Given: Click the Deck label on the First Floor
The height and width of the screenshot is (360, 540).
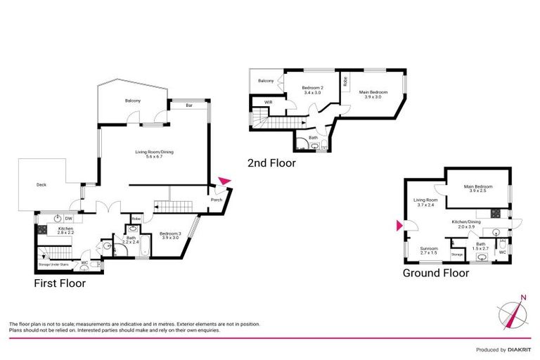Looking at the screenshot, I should click(41, 186).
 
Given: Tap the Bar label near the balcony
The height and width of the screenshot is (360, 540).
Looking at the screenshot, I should click(189, 106).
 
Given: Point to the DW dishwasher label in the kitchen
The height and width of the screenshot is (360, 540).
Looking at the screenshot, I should click(68, 217).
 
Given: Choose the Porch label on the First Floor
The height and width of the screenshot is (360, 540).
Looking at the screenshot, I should click(217, 200).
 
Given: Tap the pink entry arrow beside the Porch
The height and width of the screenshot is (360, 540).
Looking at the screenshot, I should click(224, 181).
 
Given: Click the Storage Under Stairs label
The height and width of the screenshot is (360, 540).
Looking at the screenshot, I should click(53, 264).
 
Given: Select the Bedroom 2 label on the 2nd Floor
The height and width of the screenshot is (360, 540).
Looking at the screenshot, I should click(311, 90).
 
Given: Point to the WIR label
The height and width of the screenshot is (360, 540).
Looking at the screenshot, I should click(268, 103).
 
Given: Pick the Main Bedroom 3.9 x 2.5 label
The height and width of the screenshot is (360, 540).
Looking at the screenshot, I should click(478, 188).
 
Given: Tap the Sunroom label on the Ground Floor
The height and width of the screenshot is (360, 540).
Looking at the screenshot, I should click(429, 250).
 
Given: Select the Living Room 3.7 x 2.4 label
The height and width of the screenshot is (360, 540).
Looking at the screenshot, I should click(426, 202).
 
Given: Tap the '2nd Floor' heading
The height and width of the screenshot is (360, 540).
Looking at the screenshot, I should click(271, 163).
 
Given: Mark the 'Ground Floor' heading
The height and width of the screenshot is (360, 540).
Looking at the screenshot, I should click(435, 273).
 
